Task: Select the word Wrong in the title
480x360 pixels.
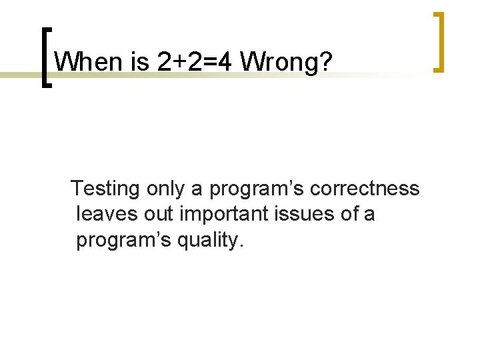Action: click(278, 62)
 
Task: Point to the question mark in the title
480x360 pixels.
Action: click(325, 62)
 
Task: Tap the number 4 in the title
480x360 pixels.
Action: click(225, 62)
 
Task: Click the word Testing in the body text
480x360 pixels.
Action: click(105, 189)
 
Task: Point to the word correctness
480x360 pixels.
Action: click(367, 189)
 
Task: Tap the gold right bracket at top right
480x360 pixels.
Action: click(439, 41)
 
